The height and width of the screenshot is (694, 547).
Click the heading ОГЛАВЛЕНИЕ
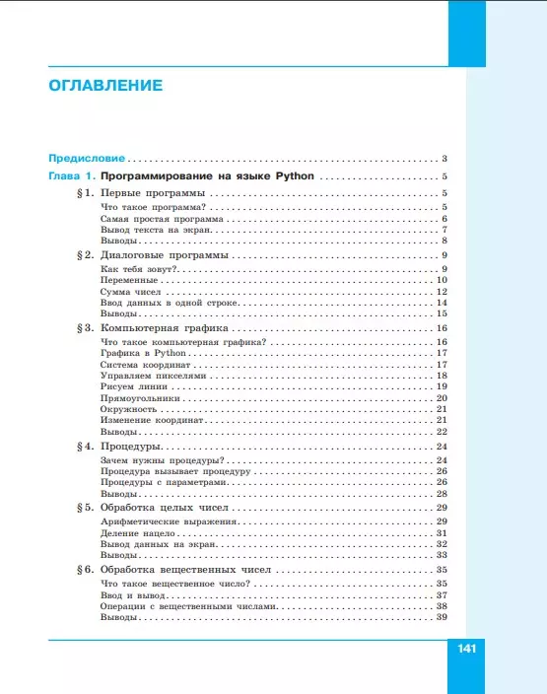(105, 85)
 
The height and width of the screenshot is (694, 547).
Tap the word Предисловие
(86, 158)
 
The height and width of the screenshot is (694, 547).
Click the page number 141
(466, 649)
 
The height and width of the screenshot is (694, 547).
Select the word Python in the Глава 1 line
(295, 175)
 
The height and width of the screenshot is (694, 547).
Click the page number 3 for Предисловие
(445, 159)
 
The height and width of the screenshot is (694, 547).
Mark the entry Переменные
(129, 280)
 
